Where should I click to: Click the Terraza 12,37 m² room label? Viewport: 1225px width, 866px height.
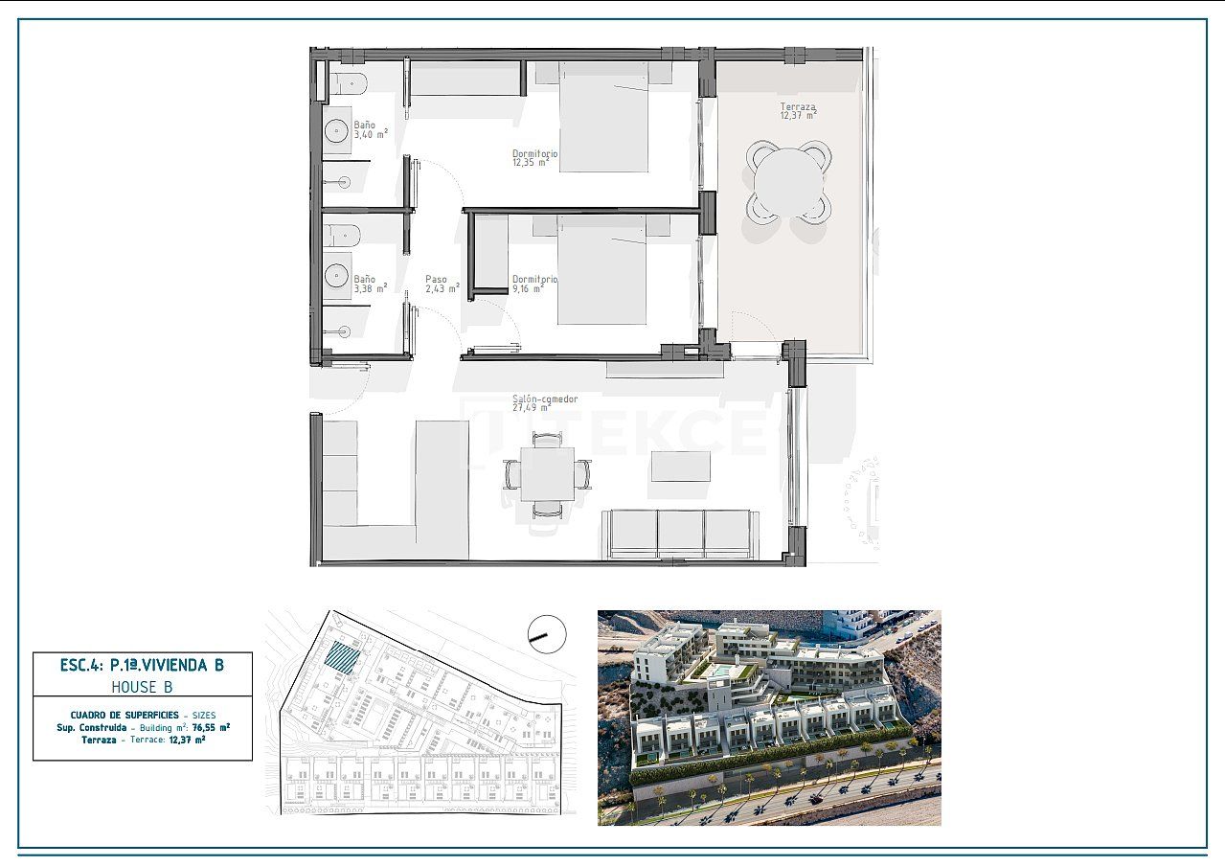(x=797, y=111)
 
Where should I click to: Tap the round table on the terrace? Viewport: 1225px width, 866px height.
(x=788, y=181)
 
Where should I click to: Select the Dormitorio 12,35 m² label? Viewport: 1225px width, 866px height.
(x=534, y=157)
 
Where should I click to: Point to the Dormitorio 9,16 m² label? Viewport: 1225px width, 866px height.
(x=533, y=283)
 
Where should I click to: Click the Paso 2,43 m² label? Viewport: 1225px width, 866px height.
(x=441, y=284)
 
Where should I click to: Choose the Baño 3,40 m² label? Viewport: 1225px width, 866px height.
(x=370, y=129)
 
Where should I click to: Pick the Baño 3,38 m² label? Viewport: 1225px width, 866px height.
(x=370, y=284)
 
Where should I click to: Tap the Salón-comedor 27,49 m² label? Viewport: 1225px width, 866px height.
(x=545, y=403)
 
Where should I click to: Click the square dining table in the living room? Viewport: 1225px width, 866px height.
(x=547, y=472)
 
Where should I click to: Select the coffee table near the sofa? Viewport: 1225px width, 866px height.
(x=681, y=467)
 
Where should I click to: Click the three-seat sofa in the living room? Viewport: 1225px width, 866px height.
(x=681, y=534)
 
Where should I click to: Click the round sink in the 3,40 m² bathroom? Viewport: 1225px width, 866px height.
(x=337, y=131)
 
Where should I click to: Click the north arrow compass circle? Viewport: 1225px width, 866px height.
(x=547, y=633)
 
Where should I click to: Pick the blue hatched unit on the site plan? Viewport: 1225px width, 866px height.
(x=342, y=658)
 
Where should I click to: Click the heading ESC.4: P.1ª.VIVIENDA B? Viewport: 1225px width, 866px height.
(x=142, y=665)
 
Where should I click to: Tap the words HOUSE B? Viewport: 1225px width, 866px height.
(x=142, y=687)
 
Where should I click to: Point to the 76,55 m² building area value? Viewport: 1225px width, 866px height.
(x=211, y=727)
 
